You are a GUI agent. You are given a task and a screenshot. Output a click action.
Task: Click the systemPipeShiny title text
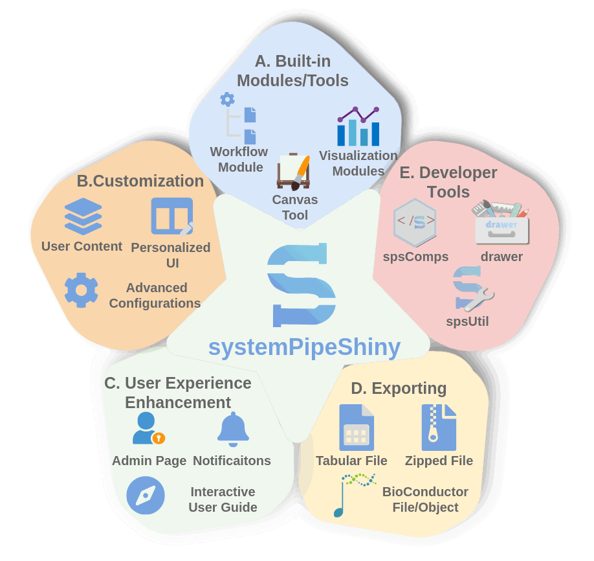(304, 347)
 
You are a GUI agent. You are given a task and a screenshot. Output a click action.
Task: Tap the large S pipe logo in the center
(301, 285)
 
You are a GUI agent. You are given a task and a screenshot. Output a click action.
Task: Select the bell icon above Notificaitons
(233, 429)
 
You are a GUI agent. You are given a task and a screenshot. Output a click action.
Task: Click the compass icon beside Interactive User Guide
(146, 495)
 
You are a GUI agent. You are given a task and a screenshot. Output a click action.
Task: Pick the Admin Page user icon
(148, 428)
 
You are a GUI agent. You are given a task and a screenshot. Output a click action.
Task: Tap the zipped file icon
(439, 427)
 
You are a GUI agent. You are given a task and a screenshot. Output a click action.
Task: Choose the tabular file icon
(357, 427)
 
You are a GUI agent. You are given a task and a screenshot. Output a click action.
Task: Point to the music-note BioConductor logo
(354, 494)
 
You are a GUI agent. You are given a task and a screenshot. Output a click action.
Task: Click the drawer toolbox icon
(501, 222)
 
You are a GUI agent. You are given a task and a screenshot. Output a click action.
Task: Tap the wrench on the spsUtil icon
(479, 300)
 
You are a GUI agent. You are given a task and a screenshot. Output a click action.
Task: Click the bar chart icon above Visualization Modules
(358, 126)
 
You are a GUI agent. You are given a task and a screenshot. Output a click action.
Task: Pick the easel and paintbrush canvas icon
(294, 172)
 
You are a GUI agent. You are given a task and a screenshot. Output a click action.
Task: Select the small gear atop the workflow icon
(227, 99)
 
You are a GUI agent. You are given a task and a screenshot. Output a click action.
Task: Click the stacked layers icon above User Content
(83, 216)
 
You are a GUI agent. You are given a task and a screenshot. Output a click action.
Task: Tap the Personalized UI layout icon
(172, 216)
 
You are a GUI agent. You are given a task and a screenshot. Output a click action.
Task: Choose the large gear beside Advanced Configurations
(81, 290)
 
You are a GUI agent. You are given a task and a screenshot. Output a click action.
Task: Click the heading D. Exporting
(399, 389)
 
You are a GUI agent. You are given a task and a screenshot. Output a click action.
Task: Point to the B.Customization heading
(140, 181)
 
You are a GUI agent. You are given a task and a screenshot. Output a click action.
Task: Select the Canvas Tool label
(294, 207)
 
